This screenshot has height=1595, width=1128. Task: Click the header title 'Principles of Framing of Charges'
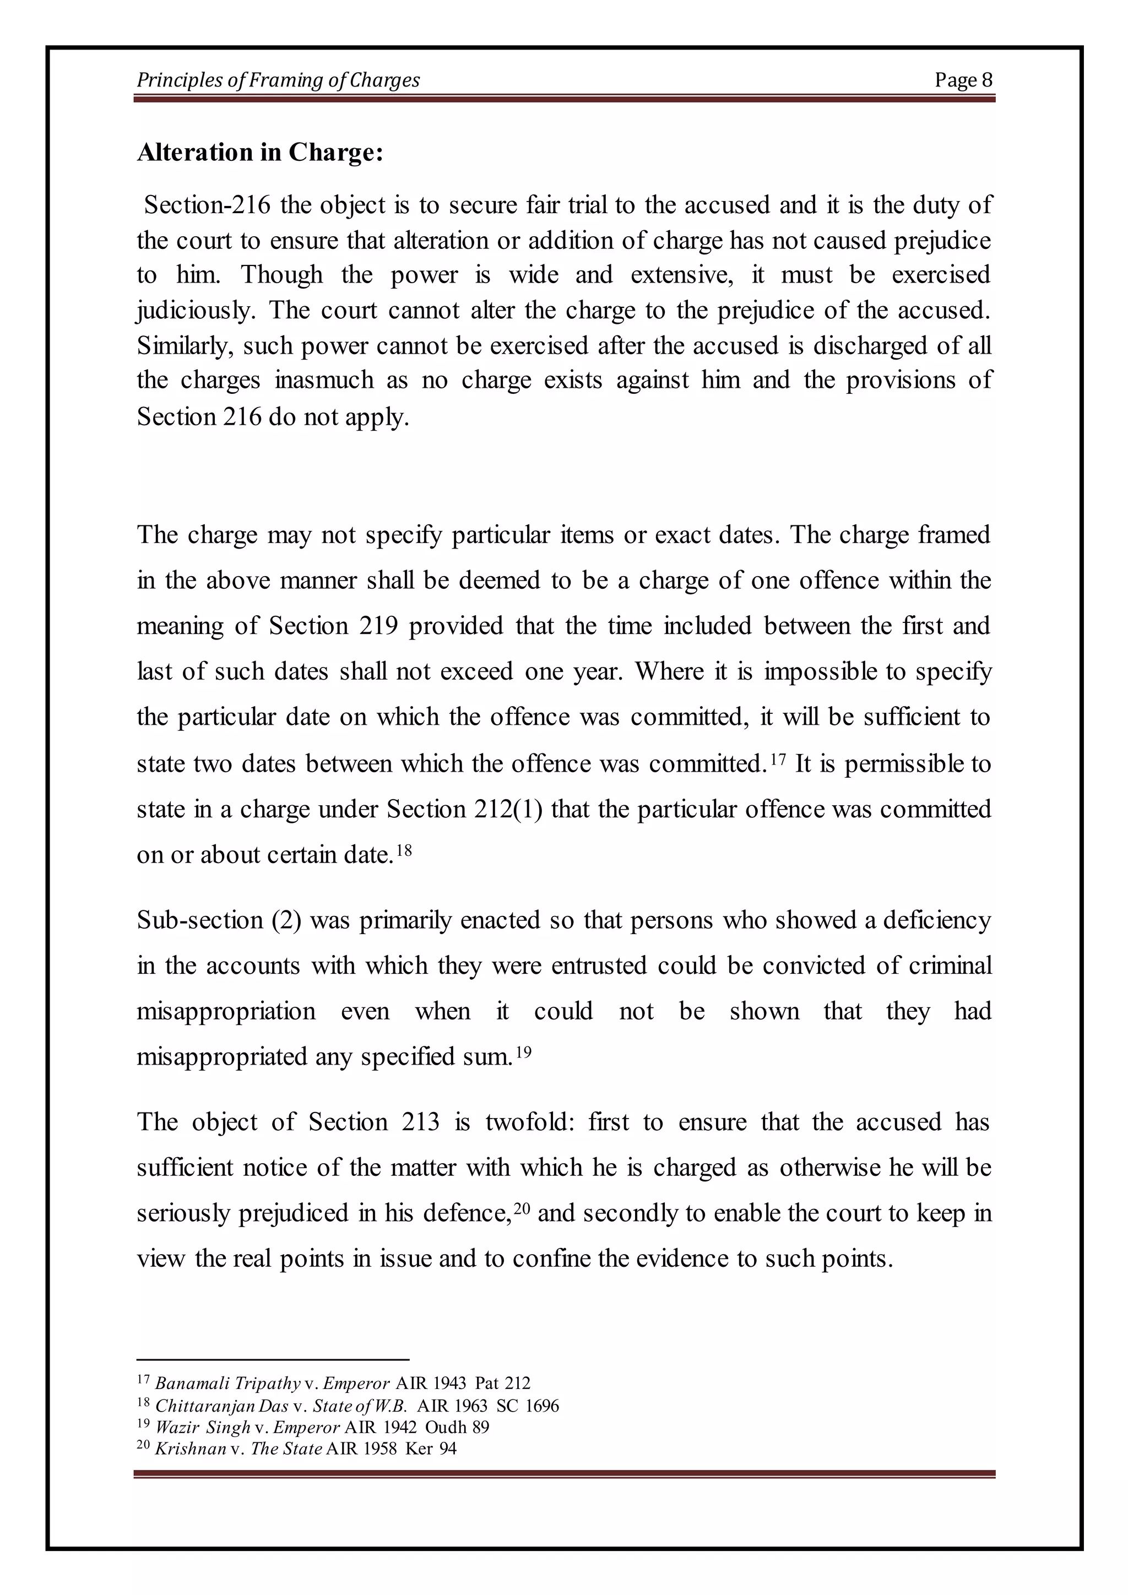278,80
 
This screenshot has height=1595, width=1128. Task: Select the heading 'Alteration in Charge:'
260,152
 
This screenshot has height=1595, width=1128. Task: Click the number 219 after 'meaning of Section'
378,626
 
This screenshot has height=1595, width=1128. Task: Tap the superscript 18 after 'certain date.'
404,849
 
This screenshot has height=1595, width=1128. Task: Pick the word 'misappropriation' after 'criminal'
226,1011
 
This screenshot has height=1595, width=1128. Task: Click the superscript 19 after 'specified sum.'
523,1051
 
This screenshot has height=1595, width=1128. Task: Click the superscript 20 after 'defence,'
522,1207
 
